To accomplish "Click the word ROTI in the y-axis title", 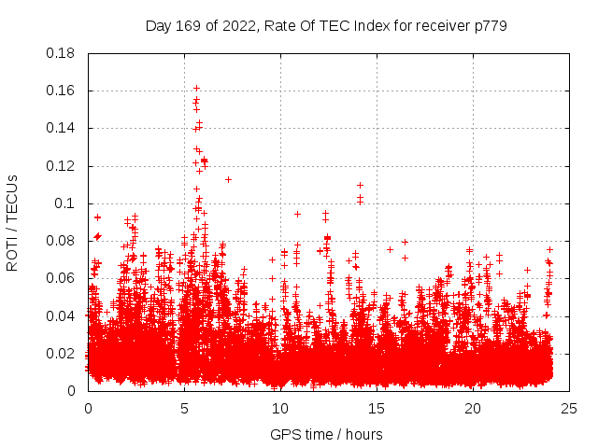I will (12, 250).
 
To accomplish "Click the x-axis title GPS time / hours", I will (326, 434).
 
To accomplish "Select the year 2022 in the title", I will (238, 25).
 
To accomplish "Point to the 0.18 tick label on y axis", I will (63, 53).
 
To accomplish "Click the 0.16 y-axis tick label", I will (63, 91).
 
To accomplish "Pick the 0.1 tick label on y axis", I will (66, 203).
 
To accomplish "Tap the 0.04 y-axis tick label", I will (63, 315).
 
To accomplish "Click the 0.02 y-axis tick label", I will (63, 353).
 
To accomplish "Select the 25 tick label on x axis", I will (569, 408).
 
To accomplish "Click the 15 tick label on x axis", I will (377, 408).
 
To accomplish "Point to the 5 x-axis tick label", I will (184, 408).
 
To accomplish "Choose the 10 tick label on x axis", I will (280, 408).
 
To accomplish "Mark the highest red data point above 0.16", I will (196, 88).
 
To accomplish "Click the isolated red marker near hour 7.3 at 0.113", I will (228, 179).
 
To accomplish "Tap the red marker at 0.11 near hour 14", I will (360, 185).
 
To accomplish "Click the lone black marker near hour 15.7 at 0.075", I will (390, 249).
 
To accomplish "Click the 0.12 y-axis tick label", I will (63, 166).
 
